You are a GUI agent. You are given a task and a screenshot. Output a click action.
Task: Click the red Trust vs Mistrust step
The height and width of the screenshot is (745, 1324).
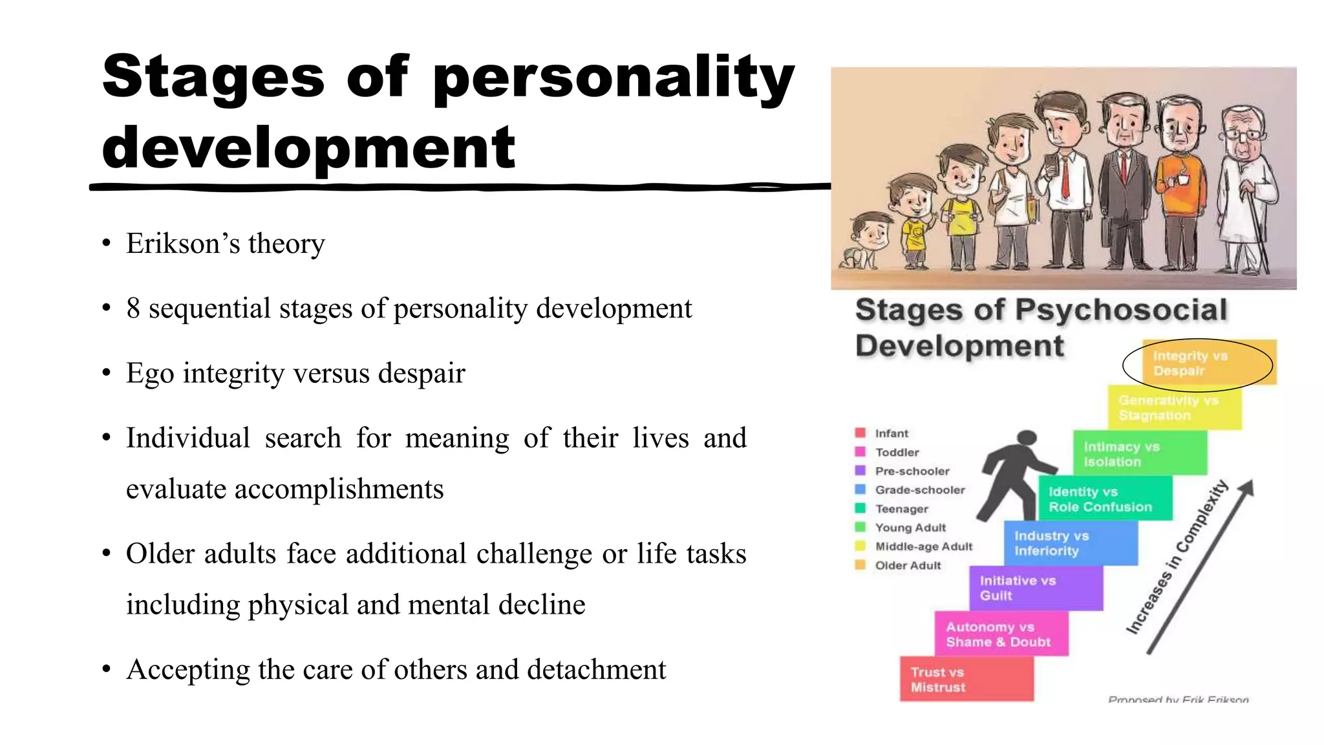[966, 679]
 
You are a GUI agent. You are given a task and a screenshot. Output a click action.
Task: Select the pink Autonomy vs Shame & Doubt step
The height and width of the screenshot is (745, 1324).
[1001, 634]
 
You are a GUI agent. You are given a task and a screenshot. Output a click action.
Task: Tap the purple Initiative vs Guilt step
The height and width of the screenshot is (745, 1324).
[1036, 588]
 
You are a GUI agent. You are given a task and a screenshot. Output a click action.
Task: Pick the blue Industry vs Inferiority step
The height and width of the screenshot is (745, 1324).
[1071, 543]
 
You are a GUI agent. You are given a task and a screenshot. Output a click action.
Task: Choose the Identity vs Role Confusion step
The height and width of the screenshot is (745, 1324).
[1105, 499]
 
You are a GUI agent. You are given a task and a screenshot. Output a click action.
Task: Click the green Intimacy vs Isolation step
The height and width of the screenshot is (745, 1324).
[1140, 454]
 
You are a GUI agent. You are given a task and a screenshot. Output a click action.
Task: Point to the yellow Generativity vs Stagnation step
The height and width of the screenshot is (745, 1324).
[1174, 408]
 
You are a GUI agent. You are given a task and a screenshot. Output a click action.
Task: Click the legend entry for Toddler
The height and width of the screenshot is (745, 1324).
[897, 452]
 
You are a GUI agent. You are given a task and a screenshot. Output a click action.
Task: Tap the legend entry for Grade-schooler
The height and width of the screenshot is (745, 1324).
[919, 490]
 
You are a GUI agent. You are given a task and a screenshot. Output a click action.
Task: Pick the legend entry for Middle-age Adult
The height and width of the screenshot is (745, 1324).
[923, 546]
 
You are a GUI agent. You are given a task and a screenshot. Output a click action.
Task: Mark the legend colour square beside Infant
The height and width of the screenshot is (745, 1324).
[860, 433]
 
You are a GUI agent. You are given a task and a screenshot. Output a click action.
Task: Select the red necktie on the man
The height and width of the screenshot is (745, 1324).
[1064, 175]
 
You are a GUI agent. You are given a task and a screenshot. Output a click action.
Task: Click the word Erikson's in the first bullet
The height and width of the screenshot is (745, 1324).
[183, 244]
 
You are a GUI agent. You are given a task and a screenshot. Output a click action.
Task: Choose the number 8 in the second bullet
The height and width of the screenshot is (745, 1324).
[133, 308]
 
